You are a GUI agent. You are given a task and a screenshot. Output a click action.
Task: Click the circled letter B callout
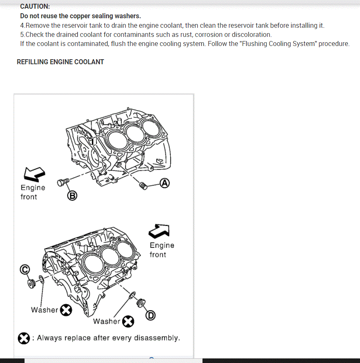[72, 196]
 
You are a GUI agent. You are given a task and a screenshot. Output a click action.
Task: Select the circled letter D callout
[150, 316]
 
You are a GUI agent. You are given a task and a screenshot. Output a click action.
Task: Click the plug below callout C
[31, 284]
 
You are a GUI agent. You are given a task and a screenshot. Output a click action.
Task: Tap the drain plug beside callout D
[141, 303]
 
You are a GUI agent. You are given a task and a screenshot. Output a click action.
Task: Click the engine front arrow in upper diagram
[34, 174]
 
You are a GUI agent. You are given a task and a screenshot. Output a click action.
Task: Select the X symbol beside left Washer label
[66, 310]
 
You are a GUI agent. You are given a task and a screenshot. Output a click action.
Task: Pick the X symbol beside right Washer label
[128, 321]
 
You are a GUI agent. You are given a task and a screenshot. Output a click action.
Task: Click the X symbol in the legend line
[24, 338]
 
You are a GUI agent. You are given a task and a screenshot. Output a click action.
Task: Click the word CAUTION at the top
[35, 7]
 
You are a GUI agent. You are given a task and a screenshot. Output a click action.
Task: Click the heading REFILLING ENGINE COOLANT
[60, 62]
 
